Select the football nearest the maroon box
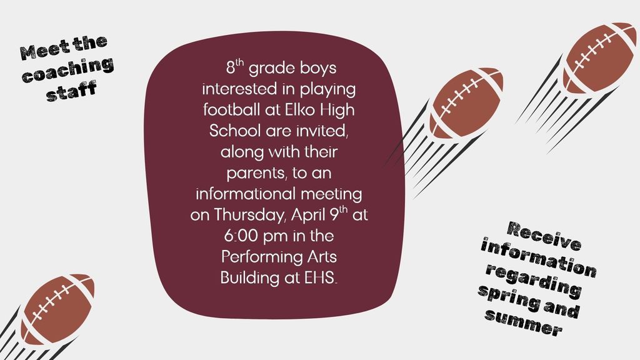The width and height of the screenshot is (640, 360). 466,102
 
